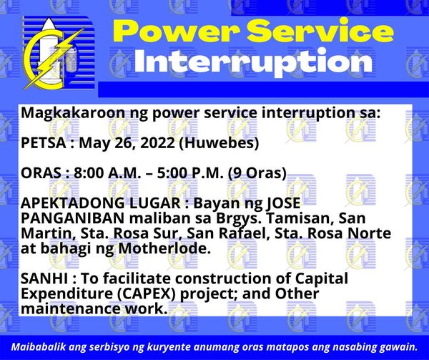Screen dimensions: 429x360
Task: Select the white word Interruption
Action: (x=253, y=62)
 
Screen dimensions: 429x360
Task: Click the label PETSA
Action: (x=44, y=143)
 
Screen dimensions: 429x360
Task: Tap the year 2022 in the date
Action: (x=157, y=143)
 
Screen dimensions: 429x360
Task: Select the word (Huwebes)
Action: (x=219, y=143)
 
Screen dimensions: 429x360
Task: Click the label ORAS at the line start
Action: (x=41, y=173)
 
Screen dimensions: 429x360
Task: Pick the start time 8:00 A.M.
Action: (x=107, y=173)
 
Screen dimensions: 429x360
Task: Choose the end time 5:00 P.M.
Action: (x=190, y=173)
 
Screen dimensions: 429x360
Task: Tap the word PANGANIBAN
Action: (x=73, y=218)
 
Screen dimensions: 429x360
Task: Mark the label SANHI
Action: (x=44, y=278)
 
